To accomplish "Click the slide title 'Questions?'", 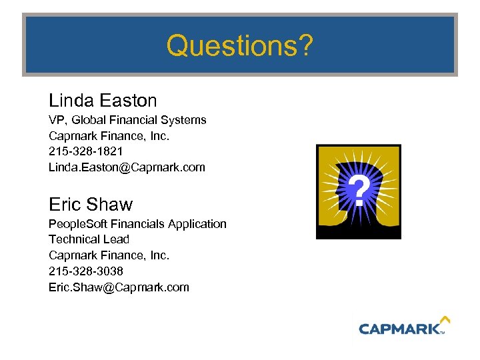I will pos(239,46).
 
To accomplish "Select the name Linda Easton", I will pos(103,101).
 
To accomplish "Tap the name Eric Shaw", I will pos(91,204).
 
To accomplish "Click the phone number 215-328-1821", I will pos(85,151).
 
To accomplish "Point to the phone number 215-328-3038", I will pos(85,271).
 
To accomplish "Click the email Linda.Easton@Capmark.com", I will pos(127,167).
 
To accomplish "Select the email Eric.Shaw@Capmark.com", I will pos(119,287).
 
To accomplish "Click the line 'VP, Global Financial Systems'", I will pos(127,120).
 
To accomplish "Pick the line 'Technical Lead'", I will pos(89,239).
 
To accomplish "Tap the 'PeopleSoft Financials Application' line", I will pos(137,224).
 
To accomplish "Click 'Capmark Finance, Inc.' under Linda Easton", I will pos(109,136).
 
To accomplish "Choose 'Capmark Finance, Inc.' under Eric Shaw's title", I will pos(109,255).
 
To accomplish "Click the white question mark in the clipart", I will pos(359,191).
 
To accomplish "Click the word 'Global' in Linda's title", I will pos(89,120).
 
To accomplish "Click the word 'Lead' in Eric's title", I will pos(117,239).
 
